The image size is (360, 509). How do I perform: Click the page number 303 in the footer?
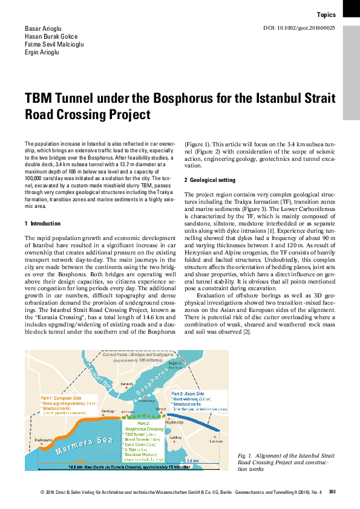(x=332, y=493)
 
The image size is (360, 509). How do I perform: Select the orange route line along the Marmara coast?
(x=73, y=423)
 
